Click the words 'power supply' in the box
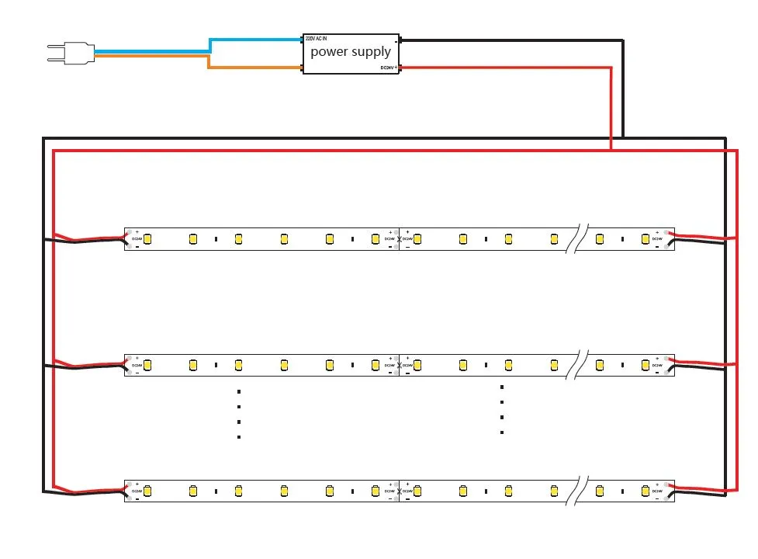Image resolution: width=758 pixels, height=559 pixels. click(x=351, y=52)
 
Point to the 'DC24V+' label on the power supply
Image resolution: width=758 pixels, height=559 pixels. click(x=389, y=68)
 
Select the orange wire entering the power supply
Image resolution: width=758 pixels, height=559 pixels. click(x=256, y=68)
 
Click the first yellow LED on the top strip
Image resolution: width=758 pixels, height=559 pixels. click(x=147, y=239)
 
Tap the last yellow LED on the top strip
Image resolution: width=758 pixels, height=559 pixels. click(x=645, y=239)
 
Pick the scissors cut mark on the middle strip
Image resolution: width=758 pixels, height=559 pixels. click(x=399, y=365)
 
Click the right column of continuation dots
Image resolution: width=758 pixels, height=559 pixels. click(x=502, y=409)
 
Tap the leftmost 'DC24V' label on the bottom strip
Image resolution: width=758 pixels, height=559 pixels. click(x=137, y=491)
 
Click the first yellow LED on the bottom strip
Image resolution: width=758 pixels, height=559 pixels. click(x=147, y=491)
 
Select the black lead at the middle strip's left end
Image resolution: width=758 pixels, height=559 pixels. click(x=85, y=366)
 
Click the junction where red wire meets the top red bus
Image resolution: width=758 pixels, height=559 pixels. click(x=611, y=150)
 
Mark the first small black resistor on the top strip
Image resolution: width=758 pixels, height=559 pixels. click(x=216, y=239)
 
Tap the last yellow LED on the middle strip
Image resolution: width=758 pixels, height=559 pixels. click(x=645, y=365)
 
